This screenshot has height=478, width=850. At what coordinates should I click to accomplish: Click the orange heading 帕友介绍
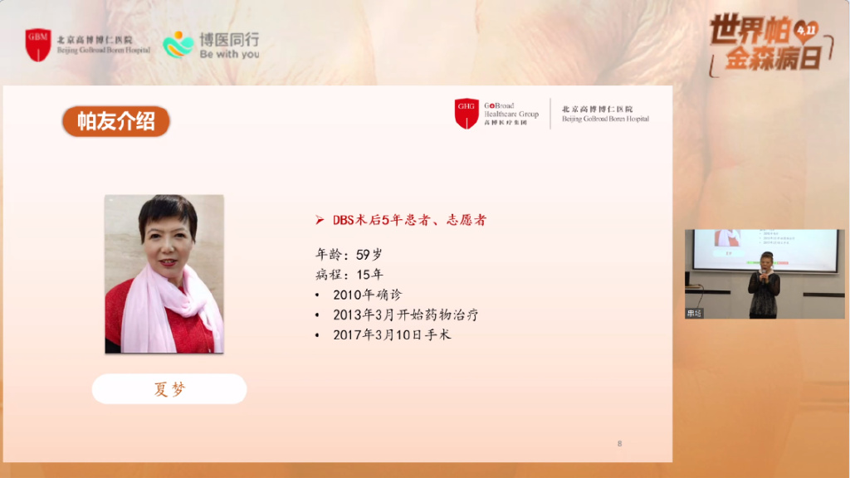coord(116,121)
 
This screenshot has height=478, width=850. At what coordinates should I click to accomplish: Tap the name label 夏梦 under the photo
coord(169,389)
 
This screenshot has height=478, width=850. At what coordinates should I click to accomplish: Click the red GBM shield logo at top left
coord(38,44)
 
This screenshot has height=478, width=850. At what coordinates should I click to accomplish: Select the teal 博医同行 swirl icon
coord(178,44)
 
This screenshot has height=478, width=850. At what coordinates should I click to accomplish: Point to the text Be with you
coord(229,54)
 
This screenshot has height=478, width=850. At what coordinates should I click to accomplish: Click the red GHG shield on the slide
coord(467,113)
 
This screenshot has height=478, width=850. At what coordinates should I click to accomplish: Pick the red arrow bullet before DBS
coord(320,220)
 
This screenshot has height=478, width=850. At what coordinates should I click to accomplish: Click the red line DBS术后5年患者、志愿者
coord(409,220)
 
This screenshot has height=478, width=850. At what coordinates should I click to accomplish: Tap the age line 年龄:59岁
coord(349,254)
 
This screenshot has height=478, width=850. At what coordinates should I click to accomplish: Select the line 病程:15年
coord(349,274)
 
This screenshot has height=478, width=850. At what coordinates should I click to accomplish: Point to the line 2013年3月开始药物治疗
coord(405,315)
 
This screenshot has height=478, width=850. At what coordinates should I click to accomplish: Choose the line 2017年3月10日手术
coord(392,335)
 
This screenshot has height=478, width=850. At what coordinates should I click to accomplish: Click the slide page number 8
coord(619,443)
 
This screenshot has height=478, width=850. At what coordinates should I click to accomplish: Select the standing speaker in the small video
coord(764,284)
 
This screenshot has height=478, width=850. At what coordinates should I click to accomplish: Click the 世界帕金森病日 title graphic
coord(768,43)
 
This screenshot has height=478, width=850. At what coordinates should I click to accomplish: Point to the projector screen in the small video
coord(764,248)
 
